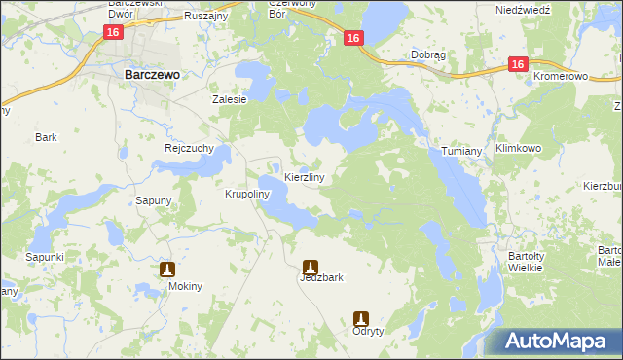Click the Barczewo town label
[149, 72]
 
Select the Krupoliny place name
[246, 194]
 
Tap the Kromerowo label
[564, 75]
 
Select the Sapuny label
[154, 200]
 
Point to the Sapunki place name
[45, 257]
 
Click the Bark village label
[47, 137]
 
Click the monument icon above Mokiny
[167, 269]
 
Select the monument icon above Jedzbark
[311, 265]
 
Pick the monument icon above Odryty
[361, 317]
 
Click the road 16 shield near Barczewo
[114, 33]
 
